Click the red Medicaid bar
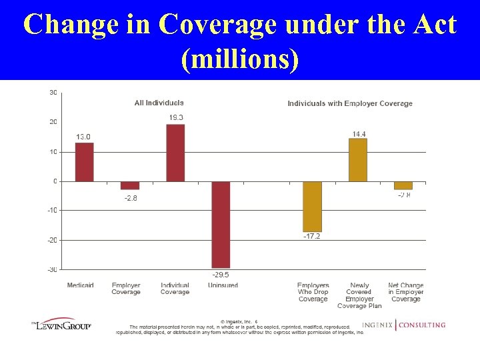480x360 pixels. click(84, 162)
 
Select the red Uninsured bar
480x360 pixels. click(221, 225)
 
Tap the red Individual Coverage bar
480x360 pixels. click(175, 153)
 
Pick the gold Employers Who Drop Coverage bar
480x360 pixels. click(312, 207)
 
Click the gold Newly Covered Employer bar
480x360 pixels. click(358, 160)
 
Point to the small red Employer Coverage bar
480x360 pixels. click(130, 185)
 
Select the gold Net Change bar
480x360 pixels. click(403, 185)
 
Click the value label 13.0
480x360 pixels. click(83, 137)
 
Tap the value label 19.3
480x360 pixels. click(176, 118)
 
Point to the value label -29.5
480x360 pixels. click(221, 274)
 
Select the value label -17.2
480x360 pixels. click(312, 237)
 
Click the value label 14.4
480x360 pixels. click(359, 134)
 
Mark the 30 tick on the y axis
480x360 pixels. click(53, 92)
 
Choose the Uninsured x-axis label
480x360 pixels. click(223, 285)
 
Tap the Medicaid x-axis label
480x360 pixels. click(81, 285)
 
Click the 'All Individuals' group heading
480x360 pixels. click(159, 103)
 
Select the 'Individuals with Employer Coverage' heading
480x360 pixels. click(350, 103)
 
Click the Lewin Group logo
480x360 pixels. click(62, 325)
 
